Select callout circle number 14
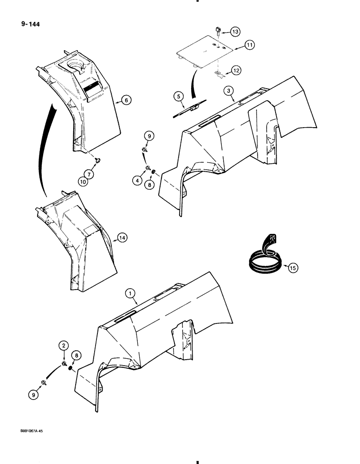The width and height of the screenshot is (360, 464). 122,238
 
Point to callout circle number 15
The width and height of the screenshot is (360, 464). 292,267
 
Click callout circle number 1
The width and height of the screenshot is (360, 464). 130,293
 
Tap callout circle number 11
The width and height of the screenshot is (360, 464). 250,45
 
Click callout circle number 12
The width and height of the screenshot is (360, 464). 237,71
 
